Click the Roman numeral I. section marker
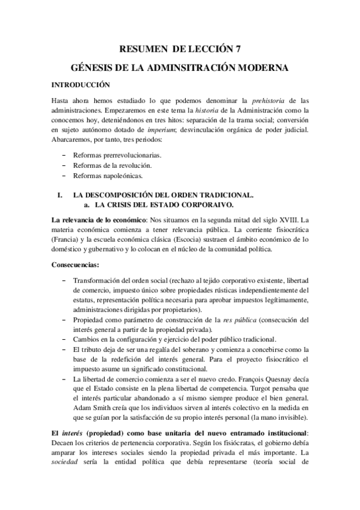[x=59, y=196]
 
